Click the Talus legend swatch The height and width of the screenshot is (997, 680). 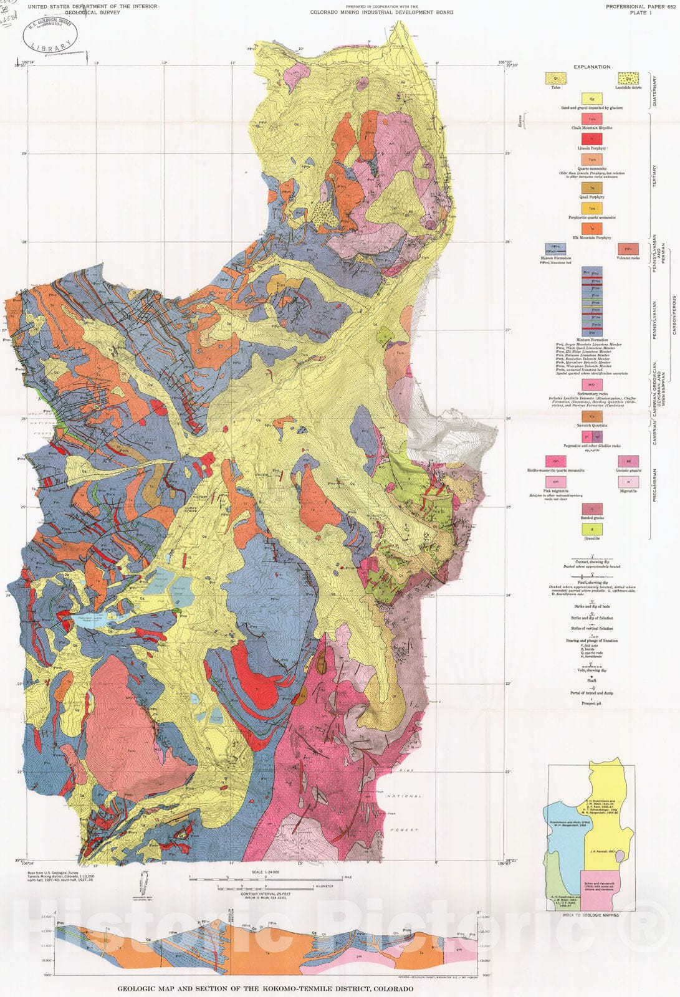(x=555, y=79)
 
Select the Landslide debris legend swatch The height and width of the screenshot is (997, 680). (x=628, y=79)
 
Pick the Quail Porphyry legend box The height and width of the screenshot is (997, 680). (x=591, y=188)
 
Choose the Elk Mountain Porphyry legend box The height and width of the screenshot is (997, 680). (x=591, y=229)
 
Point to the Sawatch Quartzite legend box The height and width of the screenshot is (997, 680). (x=591, y=416)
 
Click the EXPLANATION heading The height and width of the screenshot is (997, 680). (x=592, y=67)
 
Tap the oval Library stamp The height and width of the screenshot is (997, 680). (x=51, y=34)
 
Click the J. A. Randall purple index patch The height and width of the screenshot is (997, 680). (x=618, y=856)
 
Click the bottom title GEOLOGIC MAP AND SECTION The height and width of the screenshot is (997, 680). (x=265, y=988)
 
